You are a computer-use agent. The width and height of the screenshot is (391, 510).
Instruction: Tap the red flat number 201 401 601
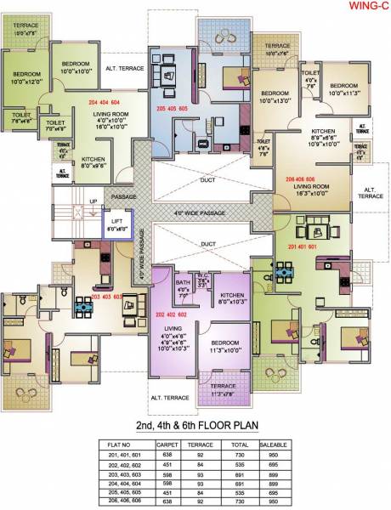pos(301,247)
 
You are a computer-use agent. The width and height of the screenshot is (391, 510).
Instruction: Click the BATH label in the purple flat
pos(183,286)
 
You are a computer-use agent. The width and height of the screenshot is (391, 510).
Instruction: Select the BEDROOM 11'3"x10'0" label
pos(225,346)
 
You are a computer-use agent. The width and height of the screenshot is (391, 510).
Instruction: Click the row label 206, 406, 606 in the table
pos(125,501)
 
